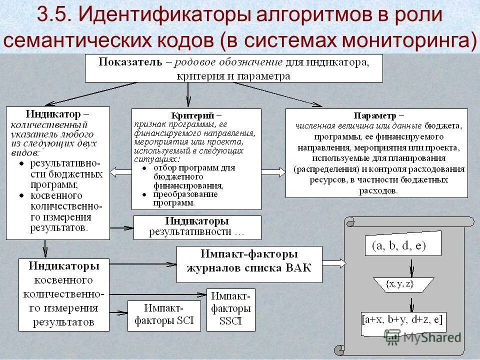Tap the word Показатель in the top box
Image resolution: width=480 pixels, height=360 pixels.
click(130, 62)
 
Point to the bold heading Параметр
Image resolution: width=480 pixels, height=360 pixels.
click(373, 114)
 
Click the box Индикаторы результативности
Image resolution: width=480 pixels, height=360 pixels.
click(197, 227)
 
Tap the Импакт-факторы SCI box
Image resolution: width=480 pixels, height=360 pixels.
click(164, 315)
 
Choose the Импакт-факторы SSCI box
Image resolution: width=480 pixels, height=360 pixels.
click(230, 309)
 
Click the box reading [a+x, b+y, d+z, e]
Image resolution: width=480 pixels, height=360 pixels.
click(403, 320)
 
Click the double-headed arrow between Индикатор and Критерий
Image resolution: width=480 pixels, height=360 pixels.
click(120, 172)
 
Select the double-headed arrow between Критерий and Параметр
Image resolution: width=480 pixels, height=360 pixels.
click(273, 172)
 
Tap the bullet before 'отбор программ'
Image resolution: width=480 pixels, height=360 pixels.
click(144, 168)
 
